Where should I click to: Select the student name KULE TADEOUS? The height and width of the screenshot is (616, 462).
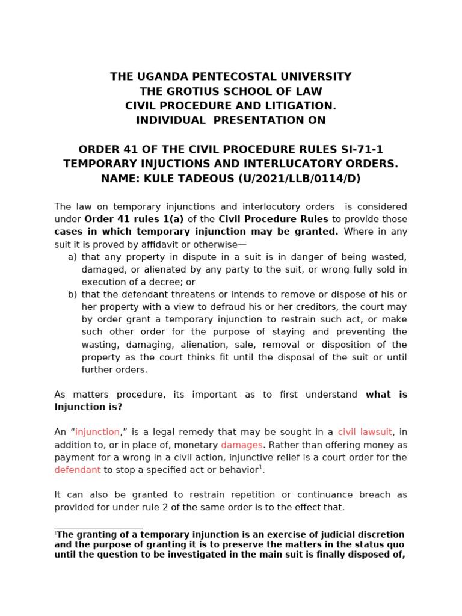(188, 179)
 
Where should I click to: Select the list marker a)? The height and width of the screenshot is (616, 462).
(72, 257)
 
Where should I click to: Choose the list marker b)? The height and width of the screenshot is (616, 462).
(72, 294)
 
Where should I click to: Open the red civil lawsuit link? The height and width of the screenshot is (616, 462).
(365, 433)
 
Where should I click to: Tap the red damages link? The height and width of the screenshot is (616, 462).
(242, 445)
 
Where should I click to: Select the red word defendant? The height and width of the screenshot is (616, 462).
(77, 470)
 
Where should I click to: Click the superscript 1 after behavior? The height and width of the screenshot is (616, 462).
(260, 467)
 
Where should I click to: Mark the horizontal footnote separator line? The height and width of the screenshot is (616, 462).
(98, 528)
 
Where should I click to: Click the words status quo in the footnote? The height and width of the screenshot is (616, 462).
(383, 545)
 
